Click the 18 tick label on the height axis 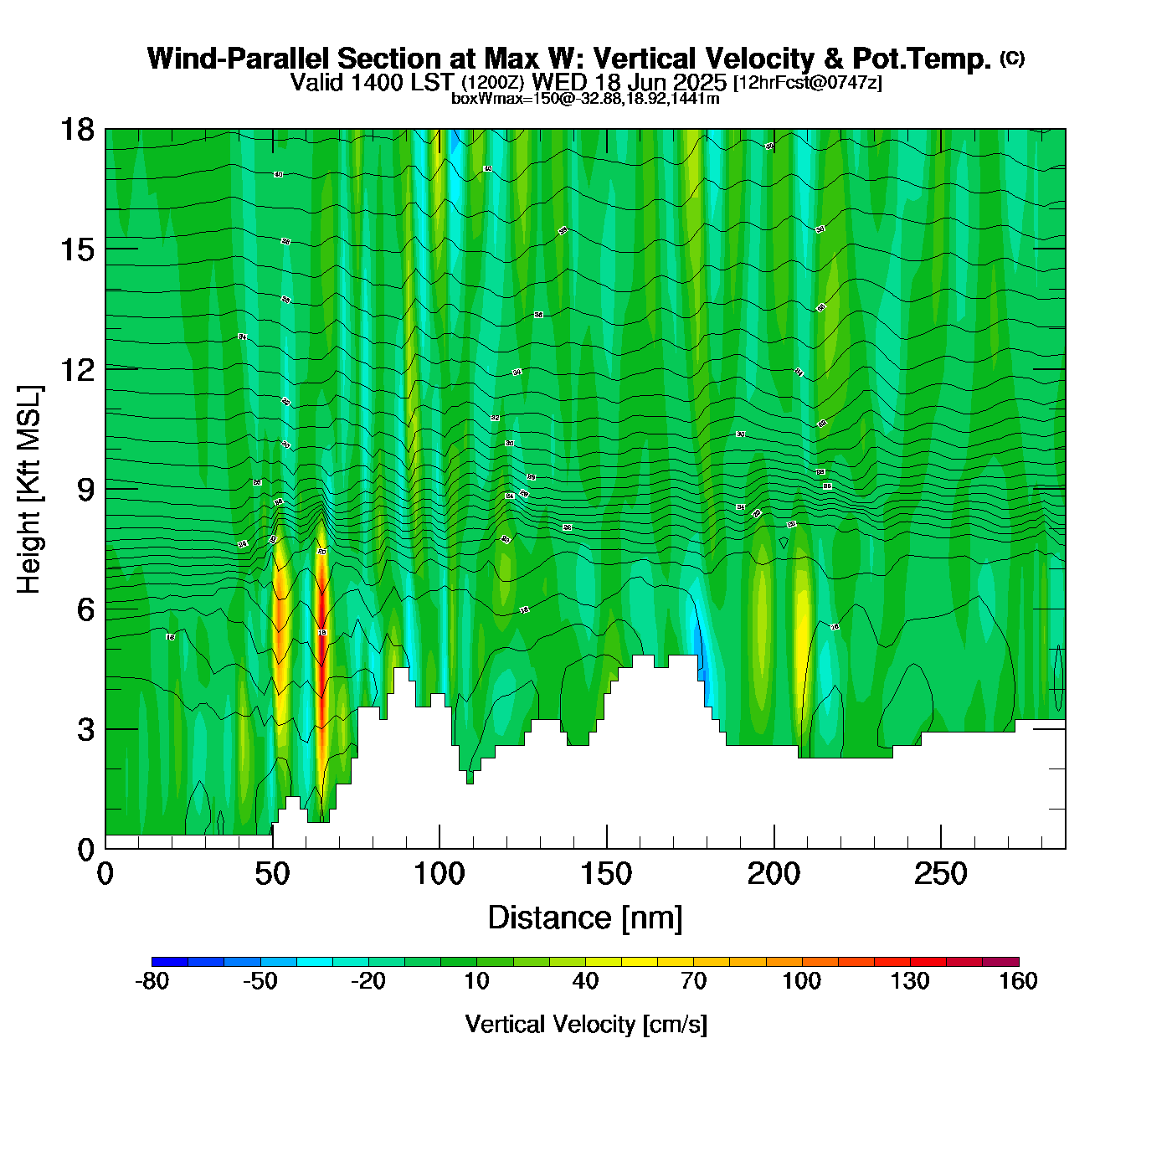click(76, 129)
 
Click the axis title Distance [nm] click(585, 918)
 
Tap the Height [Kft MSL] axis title click(29, 490)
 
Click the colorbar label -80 click(152, 981)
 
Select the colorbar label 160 click(1018, 981)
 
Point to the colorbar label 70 click(693, 981)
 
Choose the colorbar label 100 click(801, 981)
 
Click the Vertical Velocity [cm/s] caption click(586, 1025)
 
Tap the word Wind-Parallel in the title click(239, 59)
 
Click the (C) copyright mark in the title click(1012, 58)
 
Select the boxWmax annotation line click(585, 99)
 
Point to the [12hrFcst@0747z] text click(807, 83)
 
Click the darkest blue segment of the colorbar click(169, 962)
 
